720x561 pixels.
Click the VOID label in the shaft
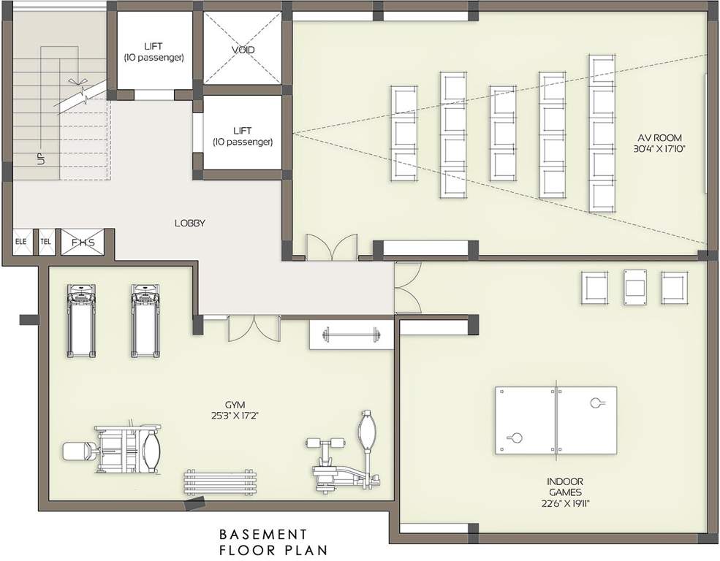coord(243,50)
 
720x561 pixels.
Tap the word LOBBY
coord(189,224)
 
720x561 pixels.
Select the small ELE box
coord(20,241)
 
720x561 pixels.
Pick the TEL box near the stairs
coord(45,241)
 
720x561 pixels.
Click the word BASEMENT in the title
coord(263,535)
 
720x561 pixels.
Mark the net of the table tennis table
coord(556,419)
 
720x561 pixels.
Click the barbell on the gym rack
coord(352,336)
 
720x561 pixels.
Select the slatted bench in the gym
coord(221,483)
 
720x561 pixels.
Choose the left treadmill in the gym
coord(80,320)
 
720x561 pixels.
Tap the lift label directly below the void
coord(243,136)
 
